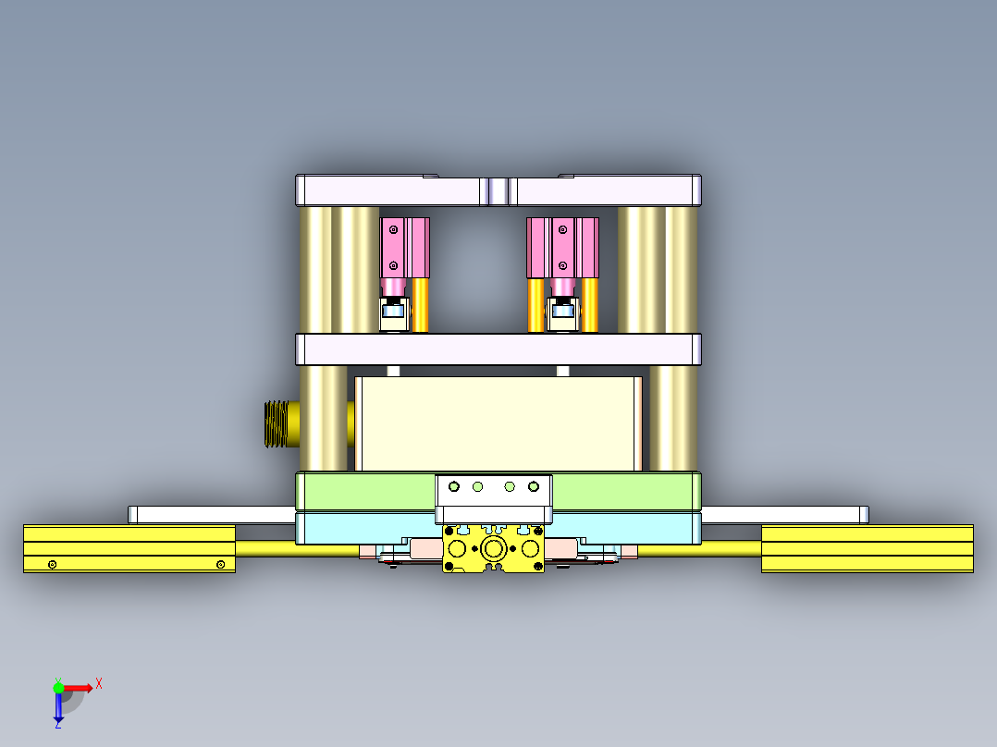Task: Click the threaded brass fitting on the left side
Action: (275, 423)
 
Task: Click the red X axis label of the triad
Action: (99, 683)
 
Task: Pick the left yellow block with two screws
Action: (129, 547)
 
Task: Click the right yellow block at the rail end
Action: (867, 547)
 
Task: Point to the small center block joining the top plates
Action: (498, 191)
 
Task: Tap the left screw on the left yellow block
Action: (53, 564)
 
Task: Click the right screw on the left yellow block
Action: (220, 564)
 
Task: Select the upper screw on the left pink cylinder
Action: (394, 228)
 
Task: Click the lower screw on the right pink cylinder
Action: (561, 265)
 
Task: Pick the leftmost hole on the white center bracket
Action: (453, 486)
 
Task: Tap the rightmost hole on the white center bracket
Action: (533, 486)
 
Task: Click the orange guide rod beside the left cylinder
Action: (420, 305)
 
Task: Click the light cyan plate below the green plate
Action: (351, 528)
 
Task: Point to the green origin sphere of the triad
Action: (58, 688)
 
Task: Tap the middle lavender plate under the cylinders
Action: (498, 349)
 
